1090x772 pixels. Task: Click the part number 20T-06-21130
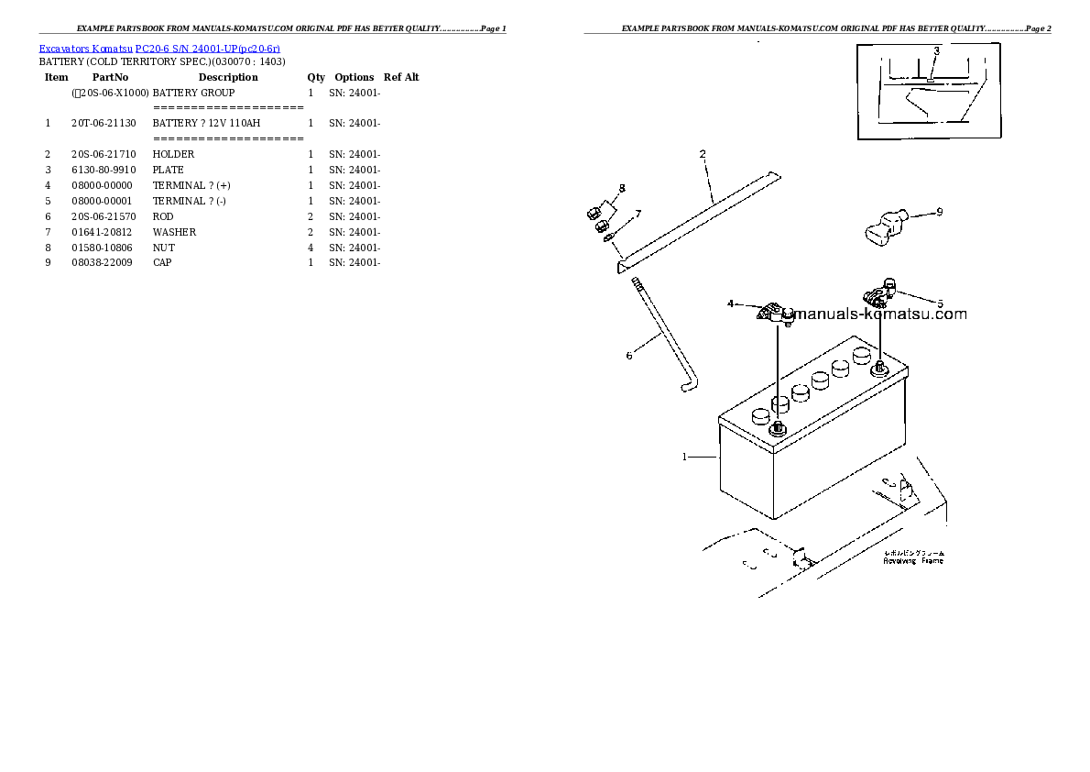coord(103,123)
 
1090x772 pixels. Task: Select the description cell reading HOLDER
coord(173,154)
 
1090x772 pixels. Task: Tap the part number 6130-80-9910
coord(103,170)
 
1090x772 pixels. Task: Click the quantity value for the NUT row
coord(311,248)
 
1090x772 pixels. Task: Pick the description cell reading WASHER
coord(174,232)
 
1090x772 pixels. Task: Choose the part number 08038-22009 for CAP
coord(103,262)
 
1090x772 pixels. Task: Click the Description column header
coord(228,77)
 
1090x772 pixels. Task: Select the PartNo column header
coord(110,77)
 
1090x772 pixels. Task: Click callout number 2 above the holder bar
coord(703,154)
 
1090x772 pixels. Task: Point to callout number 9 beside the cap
coord(939,212)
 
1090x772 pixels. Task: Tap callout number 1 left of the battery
coord(684,456)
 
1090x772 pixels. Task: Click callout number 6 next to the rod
coord(628,356)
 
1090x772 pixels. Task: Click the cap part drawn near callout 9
coord(883,225)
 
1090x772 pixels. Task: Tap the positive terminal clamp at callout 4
coord(775,314)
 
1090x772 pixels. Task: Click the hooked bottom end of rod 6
coord(687,388)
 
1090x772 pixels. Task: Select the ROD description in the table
coord(163,216)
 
